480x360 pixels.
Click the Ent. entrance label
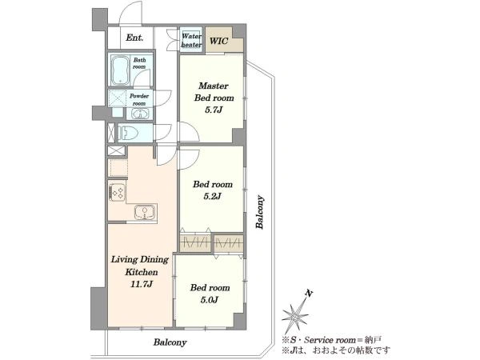pyautogui.click(x=134, y=38)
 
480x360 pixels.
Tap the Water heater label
pyautogui.click(x=191, y=41)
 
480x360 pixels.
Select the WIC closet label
pyautogui.click(x=219, y=41)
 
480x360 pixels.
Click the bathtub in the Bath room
pyautogui.click(x=120, y=70)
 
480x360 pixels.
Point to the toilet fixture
pyautogui.click(x=129, y=133)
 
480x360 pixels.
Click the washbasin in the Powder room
pyautogui.click(x=140, y=114)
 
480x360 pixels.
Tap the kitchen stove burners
pyautogui.click(x=117, y=192)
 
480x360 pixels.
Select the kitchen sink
pyautogui.click(x=145, y=212)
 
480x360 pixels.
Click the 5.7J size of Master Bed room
pyautogui.click(x=214, y=110)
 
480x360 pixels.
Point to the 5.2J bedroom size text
pyautogui.click(x=212, y=196)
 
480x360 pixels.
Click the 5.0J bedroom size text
pyautogui.click(x=210, y=300)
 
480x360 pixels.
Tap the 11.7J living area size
pyautogui.click(x=142, y=284)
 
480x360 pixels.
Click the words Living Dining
pyautogui.click(x=139, y=260)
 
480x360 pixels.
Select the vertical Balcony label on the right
pyautogui.click(x=260, y=212)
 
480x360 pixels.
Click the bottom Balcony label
pyautogui.click(x=170, y=342)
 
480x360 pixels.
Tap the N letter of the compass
pyautogui.click(x=309, y=294)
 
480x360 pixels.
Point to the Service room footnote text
pyautogui.click(x=331, y=340)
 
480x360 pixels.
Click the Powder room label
pyautogui.click(x=139, y=100)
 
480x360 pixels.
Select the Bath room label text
pyautogui.click(x=139, y=63)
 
